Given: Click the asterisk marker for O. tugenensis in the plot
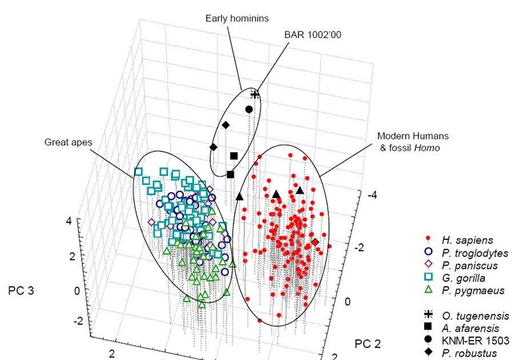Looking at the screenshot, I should click(255, 94).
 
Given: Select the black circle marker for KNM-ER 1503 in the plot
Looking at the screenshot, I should click(248, 109).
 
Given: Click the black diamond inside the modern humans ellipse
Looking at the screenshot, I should click(315, 242).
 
